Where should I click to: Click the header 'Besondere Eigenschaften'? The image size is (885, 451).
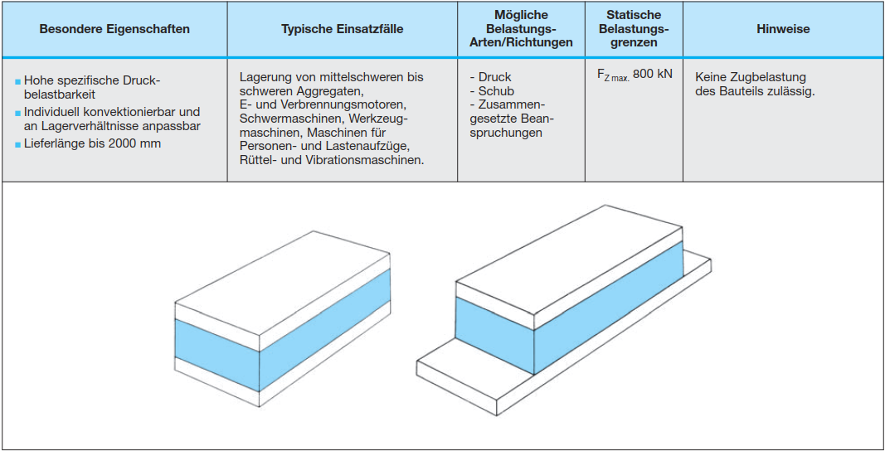pyautogui.click(x=114, y=29)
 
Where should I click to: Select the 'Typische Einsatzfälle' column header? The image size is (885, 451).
pyautogui.click(x=342, y=29)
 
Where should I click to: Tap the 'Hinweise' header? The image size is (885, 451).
pyautogui.click(x=782, y=29)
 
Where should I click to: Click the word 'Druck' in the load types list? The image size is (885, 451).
pyautogui.click(x=495, y=77)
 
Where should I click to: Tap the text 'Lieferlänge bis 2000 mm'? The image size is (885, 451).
pyautogui.click(x=92, y=143)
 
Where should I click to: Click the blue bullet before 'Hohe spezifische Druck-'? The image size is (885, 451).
pyautogui.click(x=17, y=81)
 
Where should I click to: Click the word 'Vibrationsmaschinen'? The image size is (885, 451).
pyautogui.click(x=369, y=160)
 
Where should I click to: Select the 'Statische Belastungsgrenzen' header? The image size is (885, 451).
pyautogui.click(x=634, y=29)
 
